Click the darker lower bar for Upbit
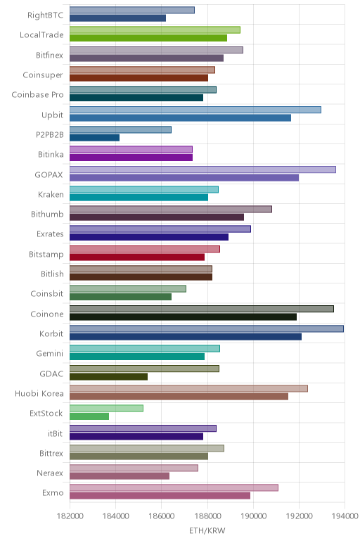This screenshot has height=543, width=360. click(x=180, y=118)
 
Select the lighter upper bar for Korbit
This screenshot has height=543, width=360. click(x=207, y=328)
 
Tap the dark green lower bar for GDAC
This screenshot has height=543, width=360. click(x=109, y=376)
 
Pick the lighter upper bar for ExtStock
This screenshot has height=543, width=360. click(x=106, y=408)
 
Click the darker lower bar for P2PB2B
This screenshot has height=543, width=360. click(x=94, y=138)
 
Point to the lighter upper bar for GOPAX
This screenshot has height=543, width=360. click(x=202, y=170)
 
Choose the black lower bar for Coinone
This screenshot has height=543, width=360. click(x=183, y=317)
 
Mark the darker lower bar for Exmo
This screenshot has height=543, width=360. click(x=160, y=496)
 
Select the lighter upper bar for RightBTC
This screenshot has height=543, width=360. click(x=132, y=10)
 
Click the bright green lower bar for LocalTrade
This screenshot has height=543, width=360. click(x=148, y=38)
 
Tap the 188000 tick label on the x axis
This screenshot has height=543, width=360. click(x=207, y=516)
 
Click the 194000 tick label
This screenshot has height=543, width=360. click(x=345, y=516)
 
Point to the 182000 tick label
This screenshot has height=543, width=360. click(x=70, y=516)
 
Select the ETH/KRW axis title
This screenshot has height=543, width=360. click(x=207, y=531)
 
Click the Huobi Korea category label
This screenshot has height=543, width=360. click(x=39, y=393)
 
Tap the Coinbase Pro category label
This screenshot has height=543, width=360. click(x=37, y=94)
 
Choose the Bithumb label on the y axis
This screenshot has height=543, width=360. click(x=47, y=214)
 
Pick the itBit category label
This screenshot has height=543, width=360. click(x=56, y=433)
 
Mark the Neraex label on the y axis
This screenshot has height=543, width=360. click(x=50, y=473)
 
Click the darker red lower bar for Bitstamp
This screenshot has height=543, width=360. click(x=137, y=257)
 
